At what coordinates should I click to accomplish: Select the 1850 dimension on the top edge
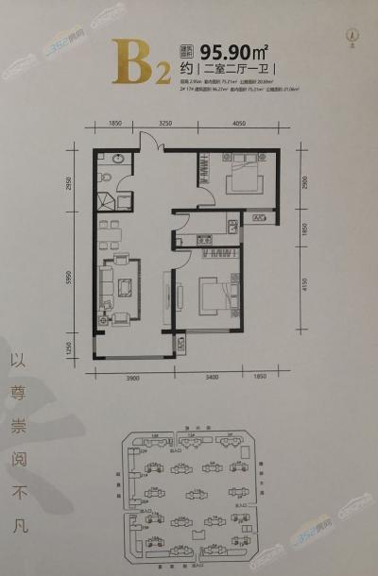point(117,124)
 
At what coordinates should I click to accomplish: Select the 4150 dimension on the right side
point(303,280)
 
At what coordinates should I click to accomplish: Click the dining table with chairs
point(111,229)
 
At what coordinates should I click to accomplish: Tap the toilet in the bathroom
point(107,177)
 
